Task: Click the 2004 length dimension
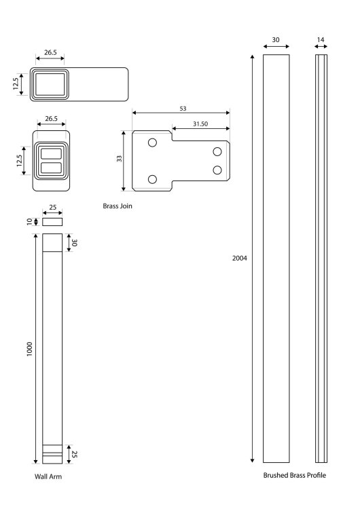click(240, 258)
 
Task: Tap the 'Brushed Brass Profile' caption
click(294, 475)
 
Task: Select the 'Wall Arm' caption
click(48, 476)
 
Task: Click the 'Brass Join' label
click(118, 206)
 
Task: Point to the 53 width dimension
click(183, 109)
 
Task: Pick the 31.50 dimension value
click(200, 124)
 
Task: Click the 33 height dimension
click(120, 158)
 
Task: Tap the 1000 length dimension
click(30, 349)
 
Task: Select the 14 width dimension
click(321, 39)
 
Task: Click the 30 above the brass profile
click(276, 39)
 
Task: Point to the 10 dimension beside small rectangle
click(30, 222)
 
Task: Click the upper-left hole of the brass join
click(152, 143)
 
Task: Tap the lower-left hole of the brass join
click(152, 179)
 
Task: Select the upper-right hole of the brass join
click(217, 151)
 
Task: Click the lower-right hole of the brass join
click(217, 170)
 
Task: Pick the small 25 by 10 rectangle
click(52, 222)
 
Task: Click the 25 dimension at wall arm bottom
click(74, 454)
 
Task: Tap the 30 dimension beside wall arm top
click(74, 242)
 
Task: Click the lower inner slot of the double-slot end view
click(52, 168)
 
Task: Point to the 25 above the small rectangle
click(52, 207)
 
